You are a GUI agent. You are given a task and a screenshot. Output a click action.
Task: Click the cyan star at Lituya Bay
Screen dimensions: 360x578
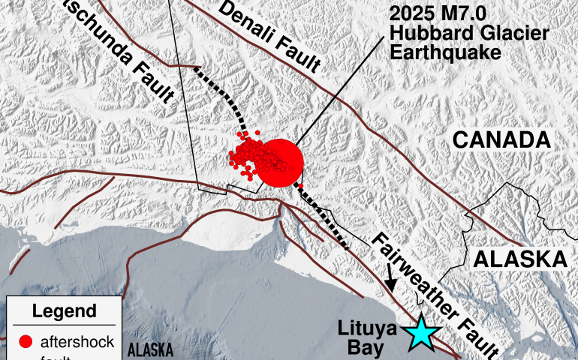pyautogui.click(x=423, y=334)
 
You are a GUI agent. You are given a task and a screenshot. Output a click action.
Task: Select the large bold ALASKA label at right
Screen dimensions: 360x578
pyautogui.click(x=519, y=259)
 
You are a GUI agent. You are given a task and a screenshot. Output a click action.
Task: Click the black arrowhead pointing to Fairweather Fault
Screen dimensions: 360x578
pyautogui.click(x=391, y=286)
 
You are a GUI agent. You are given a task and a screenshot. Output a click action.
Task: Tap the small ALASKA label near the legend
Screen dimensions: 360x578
pyautogui.click(x=150, y=349)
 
